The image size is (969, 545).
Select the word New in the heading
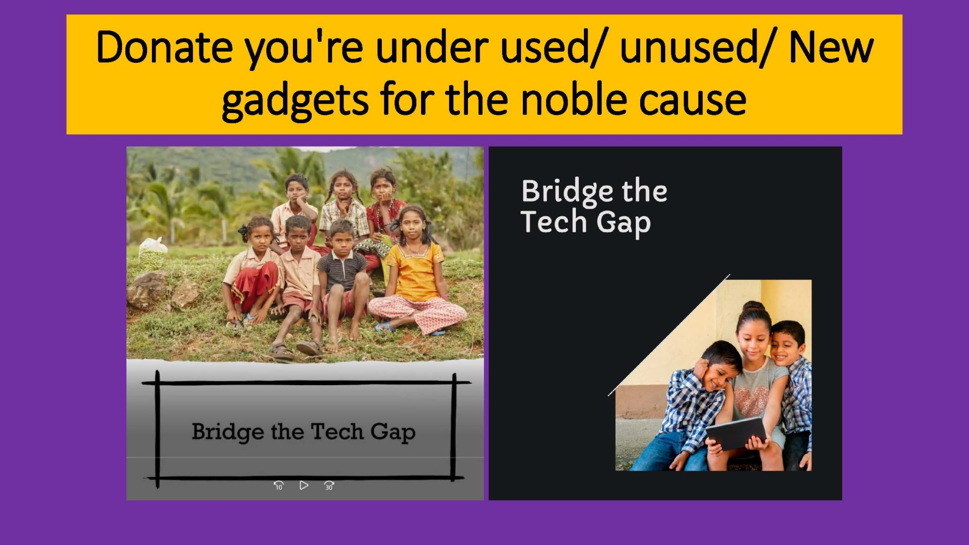(831, 48)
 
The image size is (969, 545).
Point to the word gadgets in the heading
(294, 101)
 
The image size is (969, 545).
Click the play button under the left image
(304, 485)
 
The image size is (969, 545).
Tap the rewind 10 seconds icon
(279, 485)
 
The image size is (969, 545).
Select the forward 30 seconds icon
(329, 485)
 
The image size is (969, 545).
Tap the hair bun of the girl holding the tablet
(753, 307)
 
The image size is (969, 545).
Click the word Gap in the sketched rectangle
(393, 432)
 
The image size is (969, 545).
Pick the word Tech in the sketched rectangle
(336, 431)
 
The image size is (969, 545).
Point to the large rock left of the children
(146, 290)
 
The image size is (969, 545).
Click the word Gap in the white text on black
(623, 223)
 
